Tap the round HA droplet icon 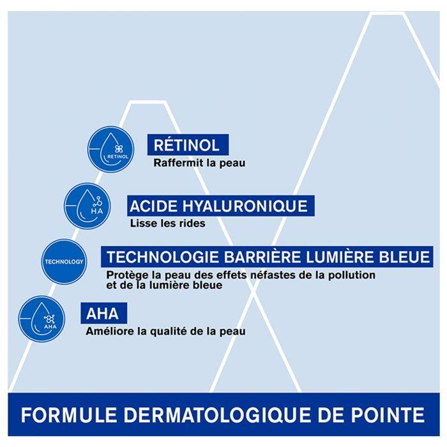click(88, 206)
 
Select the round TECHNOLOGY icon click(64, 262)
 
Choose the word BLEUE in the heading click(402, 258)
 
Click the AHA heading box click(103, 314)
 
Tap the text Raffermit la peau click(199, 163)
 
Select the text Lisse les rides click(167, 223)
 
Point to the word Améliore click(107, 331)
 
